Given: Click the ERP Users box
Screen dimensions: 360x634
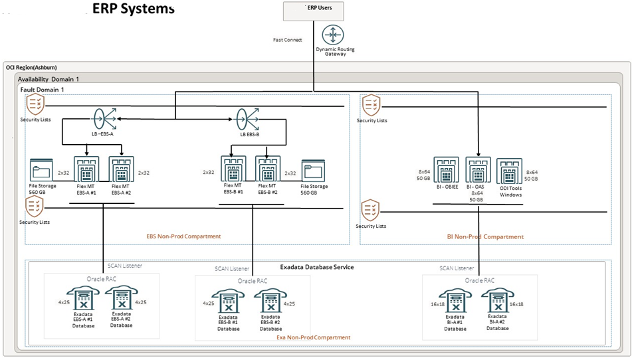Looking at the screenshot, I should point(316,11).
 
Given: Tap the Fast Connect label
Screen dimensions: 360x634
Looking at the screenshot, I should point(287,40).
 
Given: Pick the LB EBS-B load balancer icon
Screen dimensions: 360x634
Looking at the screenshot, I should point(249,120).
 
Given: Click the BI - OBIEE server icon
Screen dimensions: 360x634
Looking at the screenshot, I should point(446,170).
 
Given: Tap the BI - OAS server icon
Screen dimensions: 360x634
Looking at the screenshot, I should point(478,170).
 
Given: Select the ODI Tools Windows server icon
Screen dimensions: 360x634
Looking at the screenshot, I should point(510,172).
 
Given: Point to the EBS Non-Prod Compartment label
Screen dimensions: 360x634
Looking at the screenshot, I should point(183,236).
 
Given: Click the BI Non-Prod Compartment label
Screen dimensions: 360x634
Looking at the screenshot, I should point(485,236).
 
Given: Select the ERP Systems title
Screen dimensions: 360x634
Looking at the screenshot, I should point(133,9).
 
